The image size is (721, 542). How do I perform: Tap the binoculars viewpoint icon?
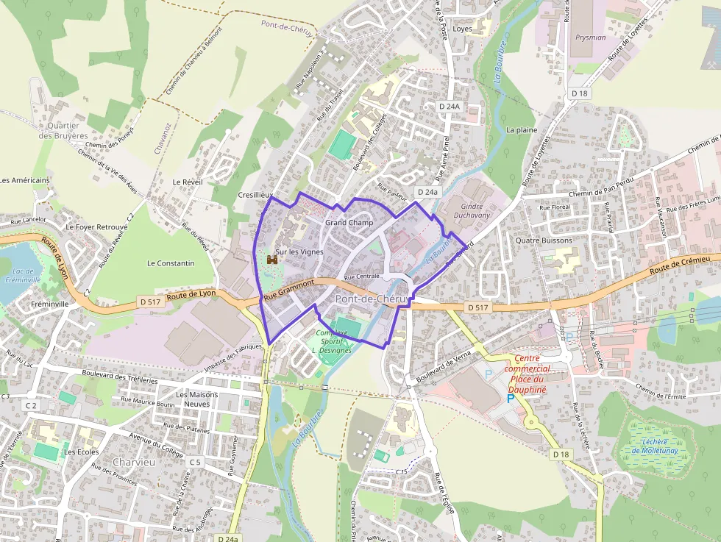point(271,260)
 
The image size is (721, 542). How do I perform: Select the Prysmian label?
point(591,38)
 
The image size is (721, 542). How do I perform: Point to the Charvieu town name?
point(134,463)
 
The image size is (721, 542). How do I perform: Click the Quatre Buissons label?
point(544,240)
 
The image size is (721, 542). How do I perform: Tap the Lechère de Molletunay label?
point(654,446)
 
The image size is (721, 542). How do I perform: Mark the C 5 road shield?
point(194,462)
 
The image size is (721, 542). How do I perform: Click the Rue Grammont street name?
point(289,289)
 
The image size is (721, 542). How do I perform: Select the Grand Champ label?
point(349,222)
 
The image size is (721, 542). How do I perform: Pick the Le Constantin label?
point(171,263)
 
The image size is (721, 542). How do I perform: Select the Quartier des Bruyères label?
point(63,130)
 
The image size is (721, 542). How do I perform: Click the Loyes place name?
point(463,29)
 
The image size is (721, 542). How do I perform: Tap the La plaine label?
point(522,129)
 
